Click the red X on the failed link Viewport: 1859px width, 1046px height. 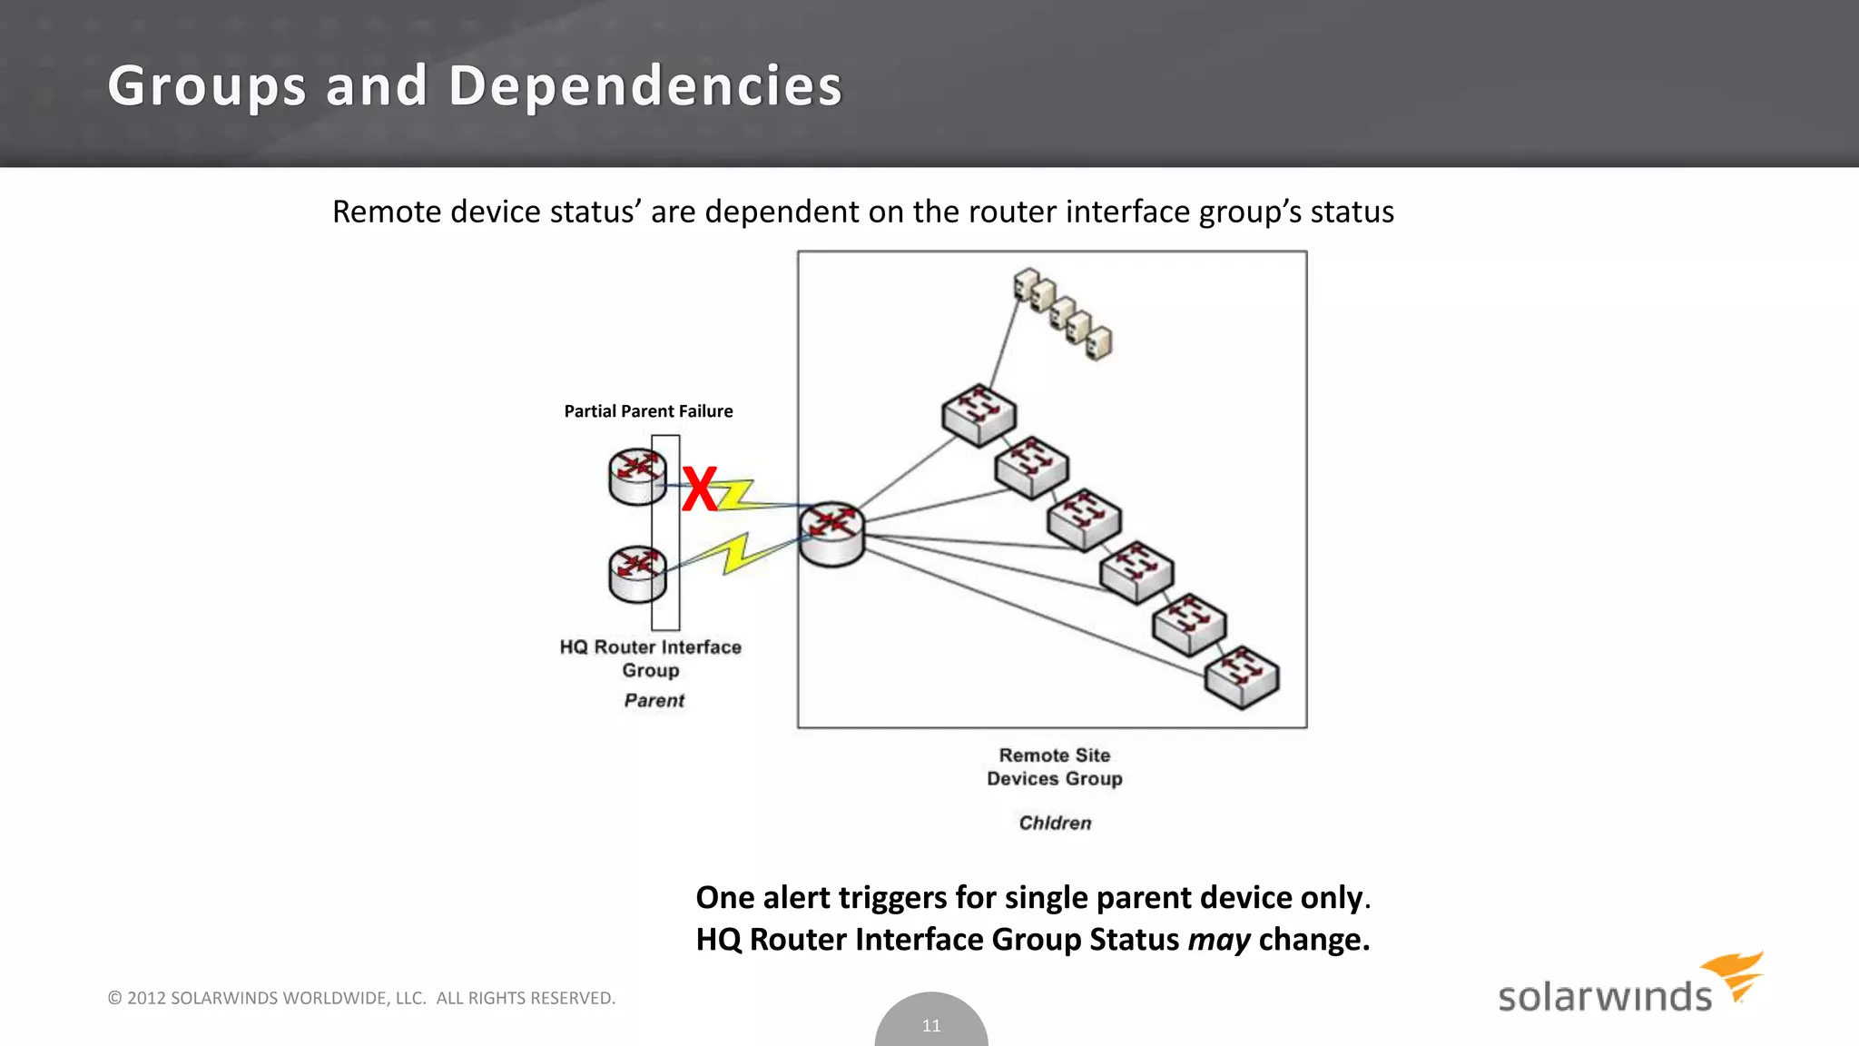(x=699, y=488)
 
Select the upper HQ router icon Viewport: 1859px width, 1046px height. (x=637, y=477)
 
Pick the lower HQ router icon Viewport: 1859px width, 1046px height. (x=637, y=574)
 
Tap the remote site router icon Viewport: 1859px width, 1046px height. (x=831, y=534)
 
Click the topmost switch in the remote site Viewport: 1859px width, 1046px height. (x=979, y=415)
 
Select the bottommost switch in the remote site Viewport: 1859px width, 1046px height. (x=1242, y=676)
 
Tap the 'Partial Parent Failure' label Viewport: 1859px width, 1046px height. (x=648, y=411)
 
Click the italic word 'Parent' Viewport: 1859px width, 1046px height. (x=654, y=701)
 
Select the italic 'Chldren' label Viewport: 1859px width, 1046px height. (x=1055, y=823)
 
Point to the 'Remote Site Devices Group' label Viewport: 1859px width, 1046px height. (x=1055, y=767)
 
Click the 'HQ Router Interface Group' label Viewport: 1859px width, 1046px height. (x=651, y=658)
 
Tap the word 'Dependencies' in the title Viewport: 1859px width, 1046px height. (x=645, y=86)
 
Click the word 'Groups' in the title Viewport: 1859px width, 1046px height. (x=207, y=86)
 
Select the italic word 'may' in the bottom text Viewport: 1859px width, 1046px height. (x=1218, y=940)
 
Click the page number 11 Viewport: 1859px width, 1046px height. (x=931, y=1026)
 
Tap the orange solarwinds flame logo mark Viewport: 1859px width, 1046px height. (x=1736, y=973)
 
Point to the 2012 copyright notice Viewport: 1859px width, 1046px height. (x=361, y=998)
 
